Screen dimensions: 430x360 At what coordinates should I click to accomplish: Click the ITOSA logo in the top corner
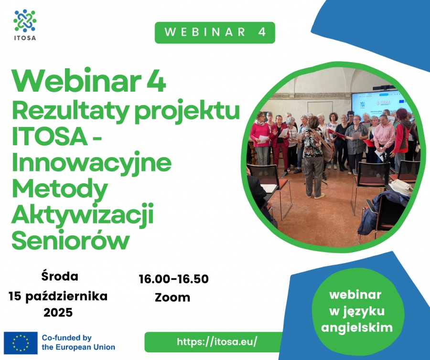pos(25,25)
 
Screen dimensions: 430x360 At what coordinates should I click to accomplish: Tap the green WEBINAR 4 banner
pos(215,32)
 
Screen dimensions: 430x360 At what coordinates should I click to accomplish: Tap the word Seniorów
pos(71,240)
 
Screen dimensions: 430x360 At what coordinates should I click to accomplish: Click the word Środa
pos(60,276)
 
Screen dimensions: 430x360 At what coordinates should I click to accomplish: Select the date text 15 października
pos(58,296)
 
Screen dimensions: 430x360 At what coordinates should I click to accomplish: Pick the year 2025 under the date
pos(58,312)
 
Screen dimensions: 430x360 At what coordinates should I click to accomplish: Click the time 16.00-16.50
pos(173,279)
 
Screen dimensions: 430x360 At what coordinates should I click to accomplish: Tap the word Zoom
pos(172,297)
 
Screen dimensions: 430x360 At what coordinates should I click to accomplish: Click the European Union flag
pos(21,343)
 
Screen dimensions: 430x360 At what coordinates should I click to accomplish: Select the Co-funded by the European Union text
pos(78,342)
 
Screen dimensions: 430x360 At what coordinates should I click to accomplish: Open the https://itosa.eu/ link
pos(217,342)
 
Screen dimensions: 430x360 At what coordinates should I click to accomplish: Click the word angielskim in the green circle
pos(357,328)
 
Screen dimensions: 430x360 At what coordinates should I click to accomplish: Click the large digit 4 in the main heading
pos(156,82)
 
